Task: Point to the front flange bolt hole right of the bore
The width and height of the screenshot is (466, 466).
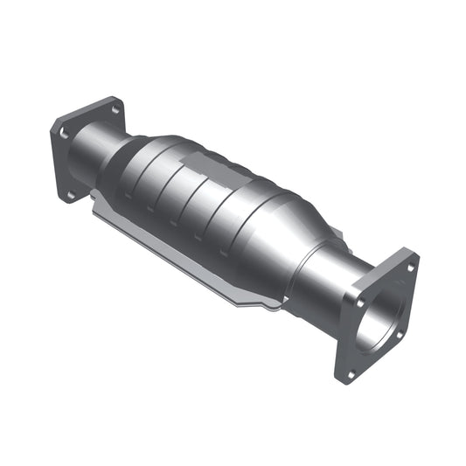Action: [x=402, y=332]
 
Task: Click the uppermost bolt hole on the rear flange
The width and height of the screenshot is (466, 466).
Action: [x=115, y=108]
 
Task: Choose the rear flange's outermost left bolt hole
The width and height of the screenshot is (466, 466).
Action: [x=62, y=133]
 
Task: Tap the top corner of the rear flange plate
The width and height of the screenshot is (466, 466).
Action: [x=116, y=99]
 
